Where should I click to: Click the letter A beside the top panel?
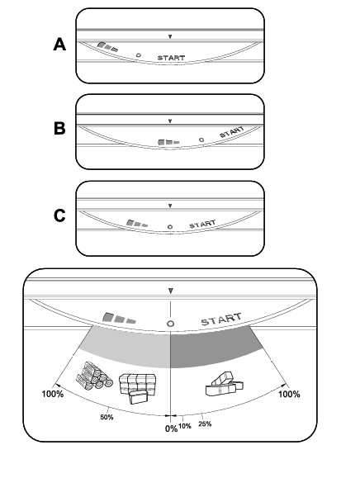(59, 45)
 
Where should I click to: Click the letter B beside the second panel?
(59, 128)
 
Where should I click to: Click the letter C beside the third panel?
(59, 215)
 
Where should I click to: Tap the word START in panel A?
(171, 58)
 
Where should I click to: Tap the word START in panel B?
(232, 132)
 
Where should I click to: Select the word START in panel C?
(203, 224)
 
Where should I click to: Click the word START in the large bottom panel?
(221, 319)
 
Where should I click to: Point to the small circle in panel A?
(139, 55)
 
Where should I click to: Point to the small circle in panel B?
(201, 140)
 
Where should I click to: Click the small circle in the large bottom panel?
(170, 324)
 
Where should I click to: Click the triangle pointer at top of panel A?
(170, 36)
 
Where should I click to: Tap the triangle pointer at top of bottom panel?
(171, 291)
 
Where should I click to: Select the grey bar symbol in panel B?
(168, 142)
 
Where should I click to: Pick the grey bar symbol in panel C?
(137, 224)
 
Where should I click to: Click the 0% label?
(171, 428)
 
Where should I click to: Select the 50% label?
(107, 417)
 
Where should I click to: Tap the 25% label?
(205, 424)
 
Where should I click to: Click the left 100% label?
(52, 394)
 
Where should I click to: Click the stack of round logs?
(94, 376)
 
